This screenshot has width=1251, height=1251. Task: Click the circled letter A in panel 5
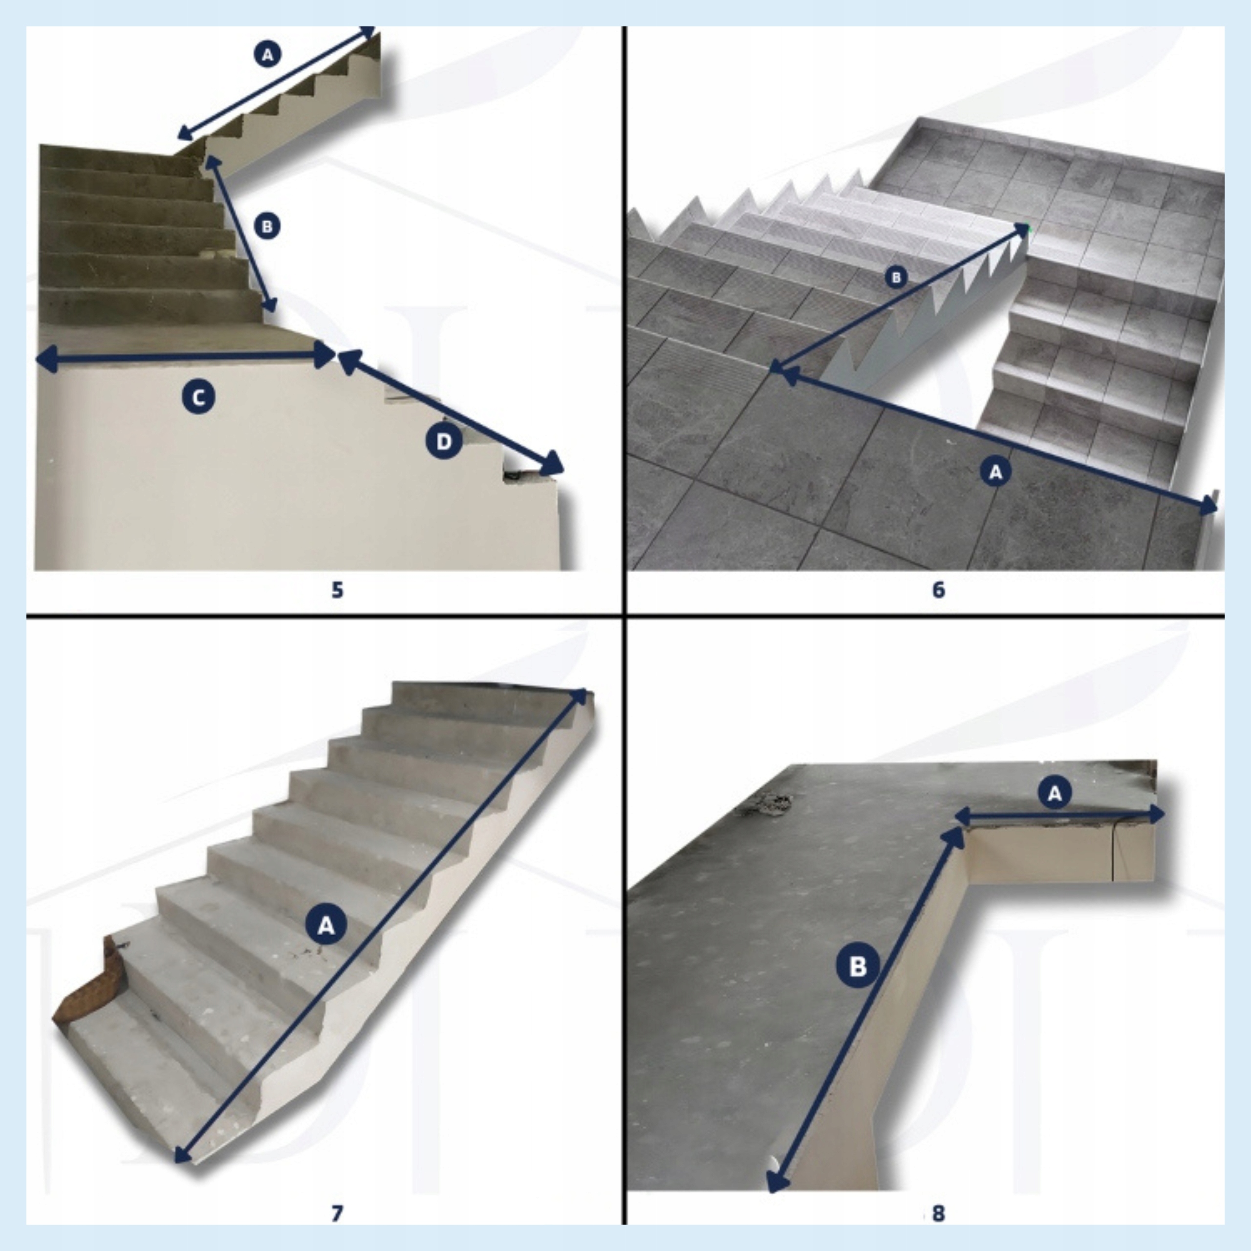point(267,54)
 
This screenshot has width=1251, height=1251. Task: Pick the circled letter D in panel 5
point(444,442)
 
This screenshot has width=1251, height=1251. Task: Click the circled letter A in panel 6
point(996,472)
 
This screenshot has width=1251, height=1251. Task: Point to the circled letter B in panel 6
point(896,278)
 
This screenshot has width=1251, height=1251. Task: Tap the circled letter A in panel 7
point(326,925)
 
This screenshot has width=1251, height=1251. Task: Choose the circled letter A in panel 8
point(1055,793)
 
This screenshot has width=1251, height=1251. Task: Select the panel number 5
point(337,590)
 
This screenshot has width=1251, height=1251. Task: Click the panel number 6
point(938,590)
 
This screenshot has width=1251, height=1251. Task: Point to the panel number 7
point(337,1214)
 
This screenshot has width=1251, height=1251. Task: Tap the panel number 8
point(938,1214)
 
